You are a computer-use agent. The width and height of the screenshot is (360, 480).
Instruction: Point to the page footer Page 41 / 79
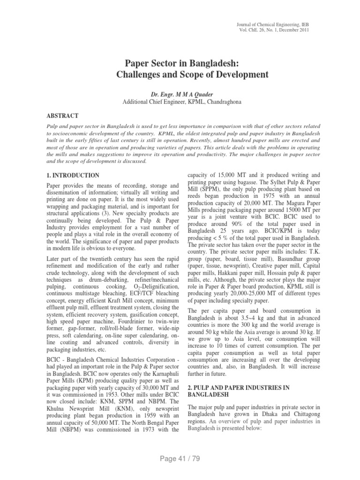(x=180, y=458)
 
